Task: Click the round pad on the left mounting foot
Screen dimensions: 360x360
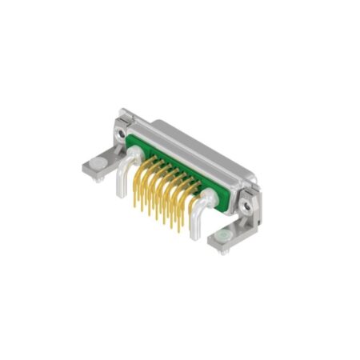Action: coord(96,164)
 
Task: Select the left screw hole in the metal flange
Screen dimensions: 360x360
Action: coord(122,126)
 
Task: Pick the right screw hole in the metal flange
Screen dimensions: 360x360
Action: coord(248,206)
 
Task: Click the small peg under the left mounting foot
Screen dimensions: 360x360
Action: coord(98,178)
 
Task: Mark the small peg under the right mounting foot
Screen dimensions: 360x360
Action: coord(225,250)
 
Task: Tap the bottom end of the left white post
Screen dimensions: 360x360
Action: coord(120,194)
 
